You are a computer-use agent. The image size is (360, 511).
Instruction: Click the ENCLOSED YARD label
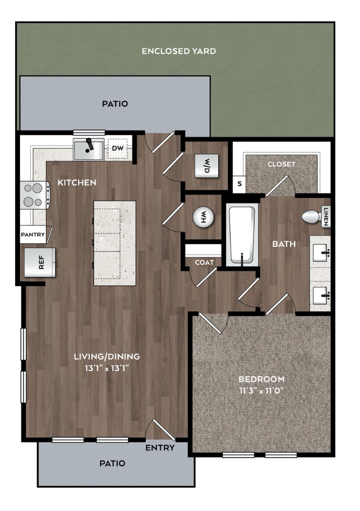click(x=179, y=51)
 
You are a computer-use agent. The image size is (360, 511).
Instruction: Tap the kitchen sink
click(x=89, y=149)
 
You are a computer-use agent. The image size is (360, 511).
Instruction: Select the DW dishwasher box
click(x=118, y=149)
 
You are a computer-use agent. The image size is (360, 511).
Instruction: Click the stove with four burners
click(x=35, y=195)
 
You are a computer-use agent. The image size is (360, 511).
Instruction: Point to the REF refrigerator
click(x=40, y=262)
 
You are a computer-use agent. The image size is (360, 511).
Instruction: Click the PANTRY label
click(x=33, y=235)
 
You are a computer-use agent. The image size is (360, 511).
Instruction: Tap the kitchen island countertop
click(x=115, y=243)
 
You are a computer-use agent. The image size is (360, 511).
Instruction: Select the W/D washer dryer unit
click(x=206, y=166)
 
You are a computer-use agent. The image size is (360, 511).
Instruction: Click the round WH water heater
click(x=203, y=217)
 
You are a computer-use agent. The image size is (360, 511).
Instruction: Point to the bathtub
click(x=242, y=235)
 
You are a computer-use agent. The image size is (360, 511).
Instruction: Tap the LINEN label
click(x=326, y=217)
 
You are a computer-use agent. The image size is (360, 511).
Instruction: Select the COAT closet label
click(x=205, y=262)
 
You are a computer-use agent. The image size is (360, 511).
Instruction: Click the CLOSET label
click(x=282, y=164)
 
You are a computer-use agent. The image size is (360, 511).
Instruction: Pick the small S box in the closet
click(x=239, y=184)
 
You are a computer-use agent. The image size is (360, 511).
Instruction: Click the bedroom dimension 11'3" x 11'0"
click(x=262, y=390)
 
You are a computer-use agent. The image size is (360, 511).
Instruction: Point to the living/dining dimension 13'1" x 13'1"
click(x=107, y=368)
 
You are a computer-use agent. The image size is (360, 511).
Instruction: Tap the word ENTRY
click(x=160, y=448)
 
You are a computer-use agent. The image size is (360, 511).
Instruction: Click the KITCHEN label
click(x=77, y=182)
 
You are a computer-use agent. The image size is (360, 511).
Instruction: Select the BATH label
click(x=284, y=244)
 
